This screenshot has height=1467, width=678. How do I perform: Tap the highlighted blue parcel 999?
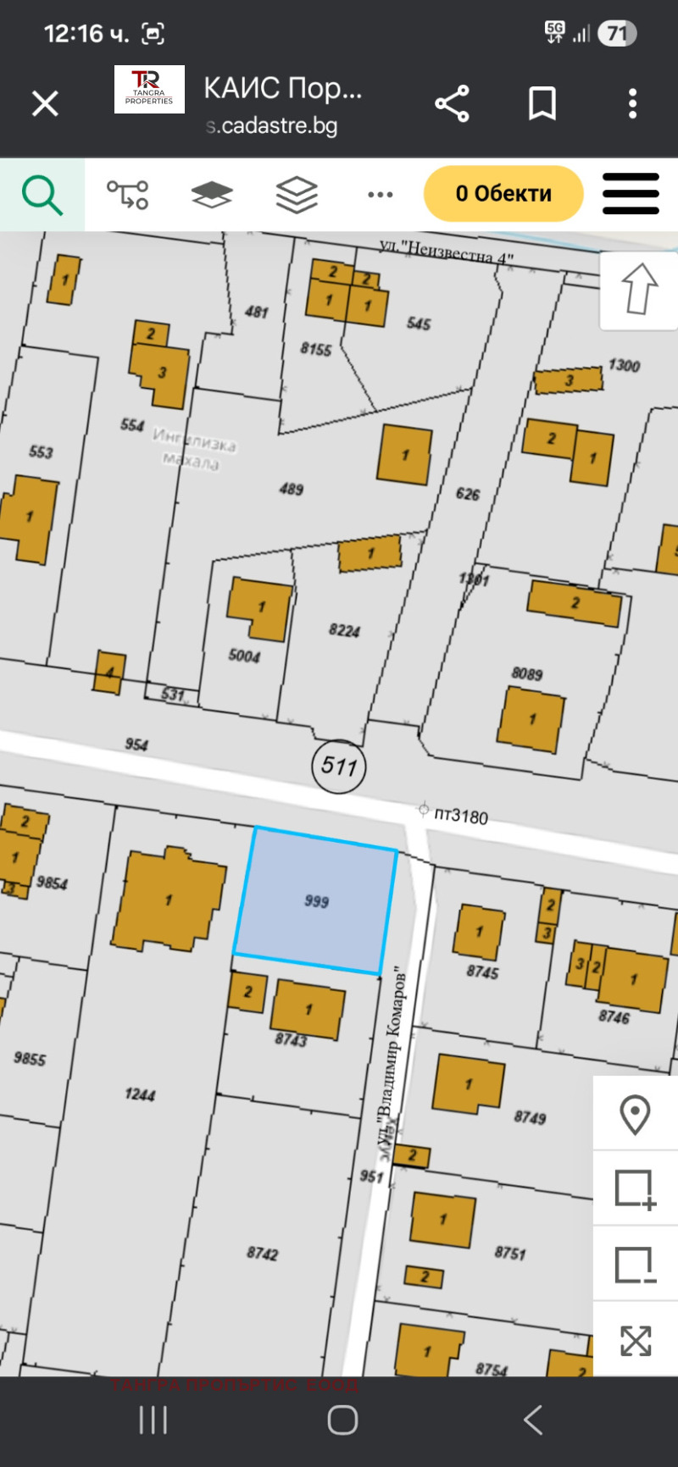pyautogui.click(x=315, y=900)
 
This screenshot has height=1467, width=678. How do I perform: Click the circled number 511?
pyautogui.click(x=339, y=767)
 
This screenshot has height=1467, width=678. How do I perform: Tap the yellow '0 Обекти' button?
pyautogui.click(x=503, y=193)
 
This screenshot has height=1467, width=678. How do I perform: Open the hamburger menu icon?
pyautogui.click(x=631, y=194)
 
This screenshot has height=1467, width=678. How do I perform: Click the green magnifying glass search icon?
pyautogui.click(x=42, y=194)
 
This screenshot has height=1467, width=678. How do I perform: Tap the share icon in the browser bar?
pyautogui.click(x=452, y=104)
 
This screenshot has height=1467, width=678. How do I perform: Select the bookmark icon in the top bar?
pyautogui.click(x=542, y=104)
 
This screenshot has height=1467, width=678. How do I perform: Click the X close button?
pyautogui.click(x=45, y=104)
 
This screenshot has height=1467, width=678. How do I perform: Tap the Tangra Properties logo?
pyautogui.click(x=149, y=90)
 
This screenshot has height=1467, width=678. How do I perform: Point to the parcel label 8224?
pyautogui.click(x=344, y=630)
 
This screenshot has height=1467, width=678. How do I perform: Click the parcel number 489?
pyautogui.click(x=291, y=489)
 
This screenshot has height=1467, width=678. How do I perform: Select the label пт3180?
pyautogui.click(x=461, y=816)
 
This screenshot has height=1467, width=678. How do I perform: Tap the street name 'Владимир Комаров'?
pyautogui.click(x=392, y=1050)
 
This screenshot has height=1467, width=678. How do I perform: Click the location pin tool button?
pyautogui.click(x=635, y=1114)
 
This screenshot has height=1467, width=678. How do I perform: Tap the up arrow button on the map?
pyautogui.click(x=639, y=289)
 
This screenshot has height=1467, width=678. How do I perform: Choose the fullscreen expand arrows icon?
pyautogui.click(x=636, y=1341)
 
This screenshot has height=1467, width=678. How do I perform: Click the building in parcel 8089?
pyautogui.click(x=531, y=719)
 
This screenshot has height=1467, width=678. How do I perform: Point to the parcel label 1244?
pyautogui.click(x=140, y=1094)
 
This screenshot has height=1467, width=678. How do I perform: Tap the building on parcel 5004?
pyautogui.click(x=259, y=608)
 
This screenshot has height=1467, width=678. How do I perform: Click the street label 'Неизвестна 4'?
pyautogui.click(x=446, y=251)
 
